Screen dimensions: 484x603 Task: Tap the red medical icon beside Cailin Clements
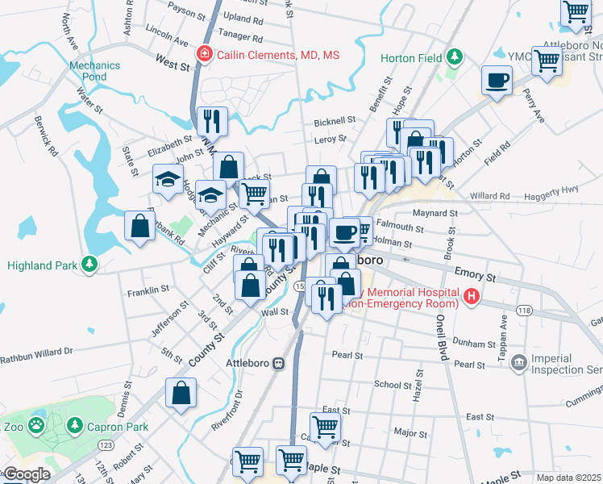pyautogui.click(x=205, y=55)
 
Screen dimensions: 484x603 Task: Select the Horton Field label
pyautogui.click(x=418, y=58)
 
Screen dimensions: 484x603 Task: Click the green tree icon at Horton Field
pyautogui.click(x=455, y=57)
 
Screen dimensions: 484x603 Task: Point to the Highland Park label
pyautogui.click(x=43, y=265)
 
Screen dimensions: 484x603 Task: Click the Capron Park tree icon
pyautogui.click(x=74, y=424)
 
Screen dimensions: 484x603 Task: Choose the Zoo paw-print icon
pyautogui.click(x=37, y=423)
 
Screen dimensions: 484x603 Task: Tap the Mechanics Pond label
pyautogui.click(x=88, y=71)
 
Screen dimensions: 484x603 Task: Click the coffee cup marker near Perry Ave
pyautogui.click(x=497, y=81)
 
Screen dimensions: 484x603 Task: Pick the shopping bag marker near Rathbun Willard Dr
pyautogui.click(x=181, y=394)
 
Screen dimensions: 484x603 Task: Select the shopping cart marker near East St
pyautogui.click(x=326, y=428)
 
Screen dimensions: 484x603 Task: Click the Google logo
pyautogui.click(x=27, y=474)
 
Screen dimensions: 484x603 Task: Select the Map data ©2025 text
pyautogui.click(x=569, y=478)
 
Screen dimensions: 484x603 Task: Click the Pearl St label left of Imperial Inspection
pyautogui.click(x=468, y=365)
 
